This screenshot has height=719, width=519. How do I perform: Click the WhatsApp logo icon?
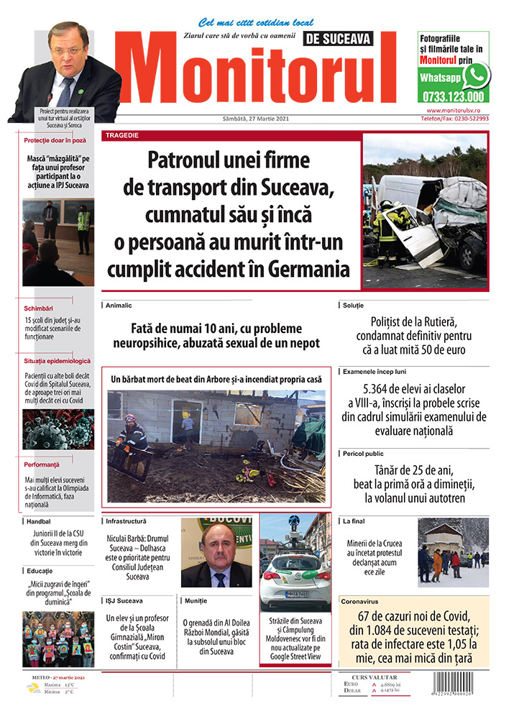[476, 75]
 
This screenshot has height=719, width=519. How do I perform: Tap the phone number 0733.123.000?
[453, 96]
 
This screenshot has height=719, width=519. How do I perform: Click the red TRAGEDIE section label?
[122, 135]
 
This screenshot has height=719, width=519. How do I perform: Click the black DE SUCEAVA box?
[349, 38]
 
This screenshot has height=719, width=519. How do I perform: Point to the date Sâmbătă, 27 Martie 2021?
[254, 119]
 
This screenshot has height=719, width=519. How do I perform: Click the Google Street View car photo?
[295, 561]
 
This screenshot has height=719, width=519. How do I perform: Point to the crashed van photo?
[424, 210]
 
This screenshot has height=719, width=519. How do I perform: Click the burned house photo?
[216, 446]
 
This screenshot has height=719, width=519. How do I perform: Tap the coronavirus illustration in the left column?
[58, 429]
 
